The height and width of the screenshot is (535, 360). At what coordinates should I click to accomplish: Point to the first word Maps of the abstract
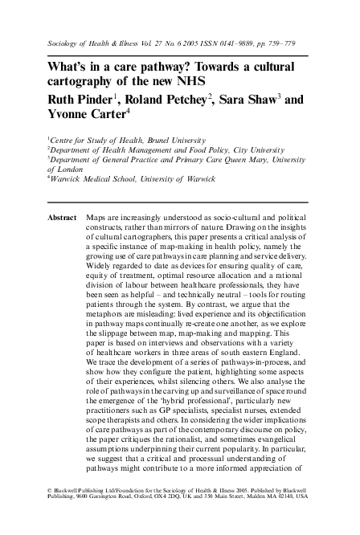96,218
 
